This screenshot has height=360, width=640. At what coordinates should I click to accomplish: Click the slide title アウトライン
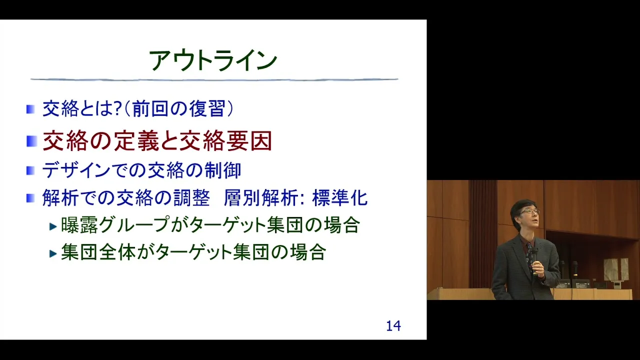pos(213,60)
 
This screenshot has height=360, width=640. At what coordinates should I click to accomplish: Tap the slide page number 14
pos(393,326)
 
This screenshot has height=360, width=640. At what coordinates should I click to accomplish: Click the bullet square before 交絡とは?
pos(30,109)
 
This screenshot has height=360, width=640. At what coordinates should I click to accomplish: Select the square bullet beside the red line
pos(31,141)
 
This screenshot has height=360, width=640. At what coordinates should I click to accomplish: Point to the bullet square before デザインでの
pos(30,170)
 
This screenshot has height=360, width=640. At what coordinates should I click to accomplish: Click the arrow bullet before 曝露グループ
pos(53,226)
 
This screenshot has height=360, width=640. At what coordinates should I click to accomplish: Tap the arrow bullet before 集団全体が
pos(53,253)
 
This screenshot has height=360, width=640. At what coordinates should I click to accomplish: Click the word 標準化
pos(340,197)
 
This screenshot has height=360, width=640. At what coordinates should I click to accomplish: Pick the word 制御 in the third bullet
pos(223,170)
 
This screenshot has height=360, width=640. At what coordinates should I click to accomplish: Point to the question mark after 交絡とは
pos(118,109)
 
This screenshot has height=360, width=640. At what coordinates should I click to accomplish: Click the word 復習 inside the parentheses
pos(207,108)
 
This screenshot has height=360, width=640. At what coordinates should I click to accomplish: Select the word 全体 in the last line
pos(117,252)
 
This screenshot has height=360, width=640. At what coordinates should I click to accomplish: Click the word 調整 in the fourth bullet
pos(192,197)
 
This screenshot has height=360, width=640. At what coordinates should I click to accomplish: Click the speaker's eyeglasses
pos(530,211)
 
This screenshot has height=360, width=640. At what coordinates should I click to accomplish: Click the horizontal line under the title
pos(214,79)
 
